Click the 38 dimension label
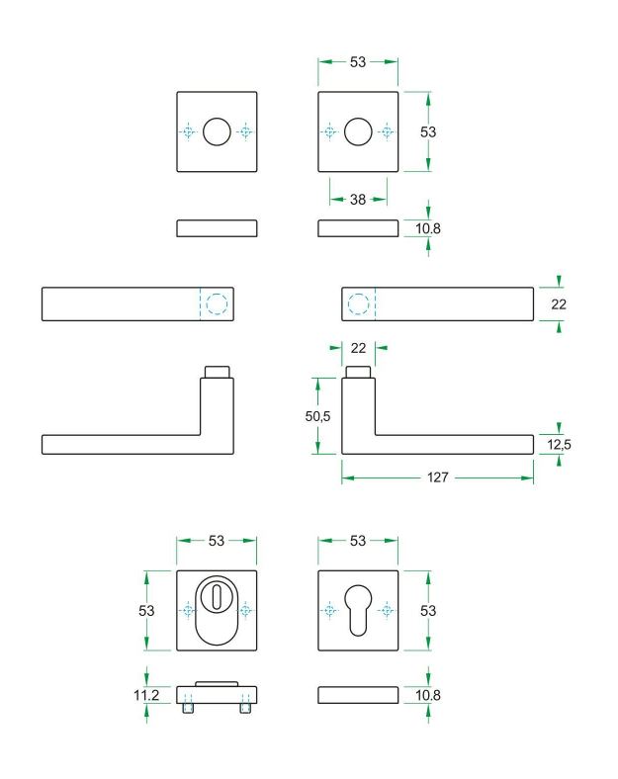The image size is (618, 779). (x=358, y=200)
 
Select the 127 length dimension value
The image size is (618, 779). (x=438, y=477)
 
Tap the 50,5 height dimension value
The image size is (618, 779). (x=318, y=416)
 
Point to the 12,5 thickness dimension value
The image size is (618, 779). (x=560, y=444)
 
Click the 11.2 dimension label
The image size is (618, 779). (x=146, y=695)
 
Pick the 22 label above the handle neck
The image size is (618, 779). (x=358, y=348)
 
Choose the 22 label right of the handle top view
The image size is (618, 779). (x=559, y=304)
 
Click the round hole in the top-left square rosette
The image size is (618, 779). (x=217, y=131)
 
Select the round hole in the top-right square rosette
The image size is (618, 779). (x=358, y=131)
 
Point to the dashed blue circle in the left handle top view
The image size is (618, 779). (x=218, y=304)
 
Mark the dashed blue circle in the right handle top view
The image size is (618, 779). (x=358, y=304)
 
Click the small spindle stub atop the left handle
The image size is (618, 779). (x=218, y=373)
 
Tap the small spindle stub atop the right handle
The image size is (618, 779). (x=358, y=373)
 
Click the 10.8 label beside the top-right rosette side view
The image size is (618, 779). (x=428, y=228)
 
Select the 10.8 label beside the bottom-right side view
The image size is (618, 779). (x=428, y=695)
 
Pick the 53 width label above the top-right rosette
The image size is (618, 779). (x=358, y=62)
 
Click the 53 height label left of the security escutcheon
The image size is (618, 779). (x=146, y=611)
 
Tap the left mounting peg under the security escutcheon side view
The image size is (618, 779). (x=188, y=708)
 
